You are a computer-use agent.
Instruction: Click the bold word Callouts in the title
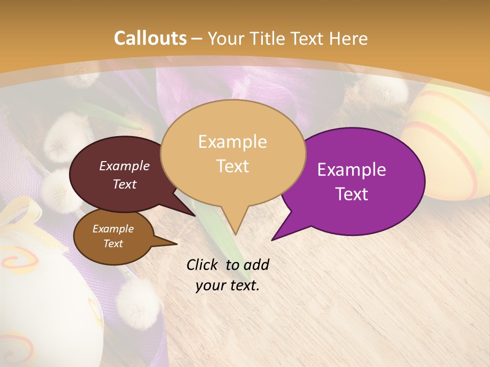[x=150, y=38]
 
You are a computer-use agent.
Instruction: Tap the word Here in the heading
[x=348, y=39]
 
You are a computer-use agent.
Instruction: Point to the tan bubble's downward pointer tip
[x=235, y=234]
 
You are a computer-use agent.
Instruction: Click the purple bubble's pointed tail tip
[x=272, y=240]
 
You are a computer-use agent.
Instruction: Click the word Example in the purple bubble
[x=352, y=170]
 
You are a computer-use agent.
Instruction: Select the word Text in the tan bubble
[x=233, y=166]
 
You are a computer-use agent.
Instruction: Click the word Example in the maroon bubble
[x=125, y=166]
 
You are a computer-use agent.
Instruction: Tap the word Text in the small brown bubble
[x=113, y=244]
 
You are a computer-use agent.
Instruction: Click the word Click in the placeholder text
[x=203, y=265]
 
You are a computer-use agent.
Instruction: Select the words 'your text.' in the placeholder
[x=228, y=285]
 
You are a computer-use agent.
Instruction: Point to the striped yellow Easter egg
[x=449, y=143]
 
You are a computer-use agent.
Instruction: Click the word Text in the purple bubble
[x=352, y=194]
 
